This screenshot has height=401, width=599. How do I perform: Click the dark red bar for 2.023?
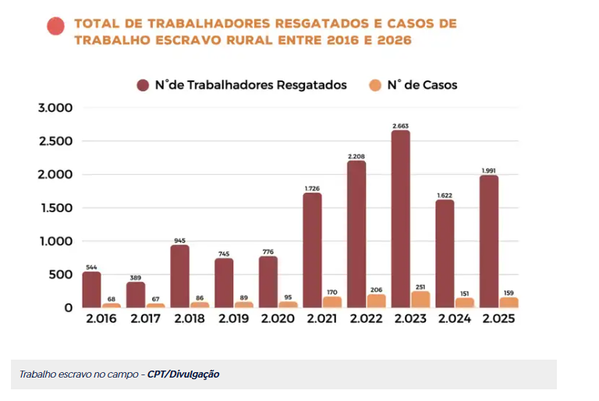pos(401,219)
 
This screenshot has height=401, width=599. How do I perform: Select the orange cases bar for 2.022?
pos(376,300)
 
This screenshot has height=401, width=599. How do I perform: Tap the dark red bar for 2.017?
pos(136,295)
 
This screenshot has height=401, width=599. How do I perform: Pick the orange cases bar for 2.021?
pos(331,302)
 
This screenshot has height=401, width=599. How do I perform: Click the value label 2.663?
pos(401,126)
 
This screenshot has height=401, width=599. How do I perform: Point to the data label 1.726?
pos(312,188)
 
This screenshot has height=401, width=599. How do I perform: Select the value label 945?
pos(179,240)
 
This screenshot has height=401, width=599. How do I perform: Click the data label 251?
pos(420,286)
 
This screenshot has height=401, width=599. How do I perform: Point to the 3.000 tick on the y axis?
pos(55,108)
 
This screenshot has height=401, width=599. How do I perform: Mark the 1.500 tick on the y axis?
pos(55,208)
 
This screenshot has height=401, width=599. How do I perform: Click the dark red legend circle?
pos(144,85)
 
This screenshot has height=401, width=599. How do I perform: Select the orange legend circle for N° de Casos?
pos(375,85)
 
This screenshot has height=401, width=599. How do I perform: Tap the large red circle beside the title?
pos(55,27)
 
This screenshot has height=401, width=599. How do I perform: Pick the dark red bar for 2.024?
pos(445,254)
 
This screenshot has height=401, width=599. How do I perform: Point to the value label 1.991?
pos(489,170)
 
